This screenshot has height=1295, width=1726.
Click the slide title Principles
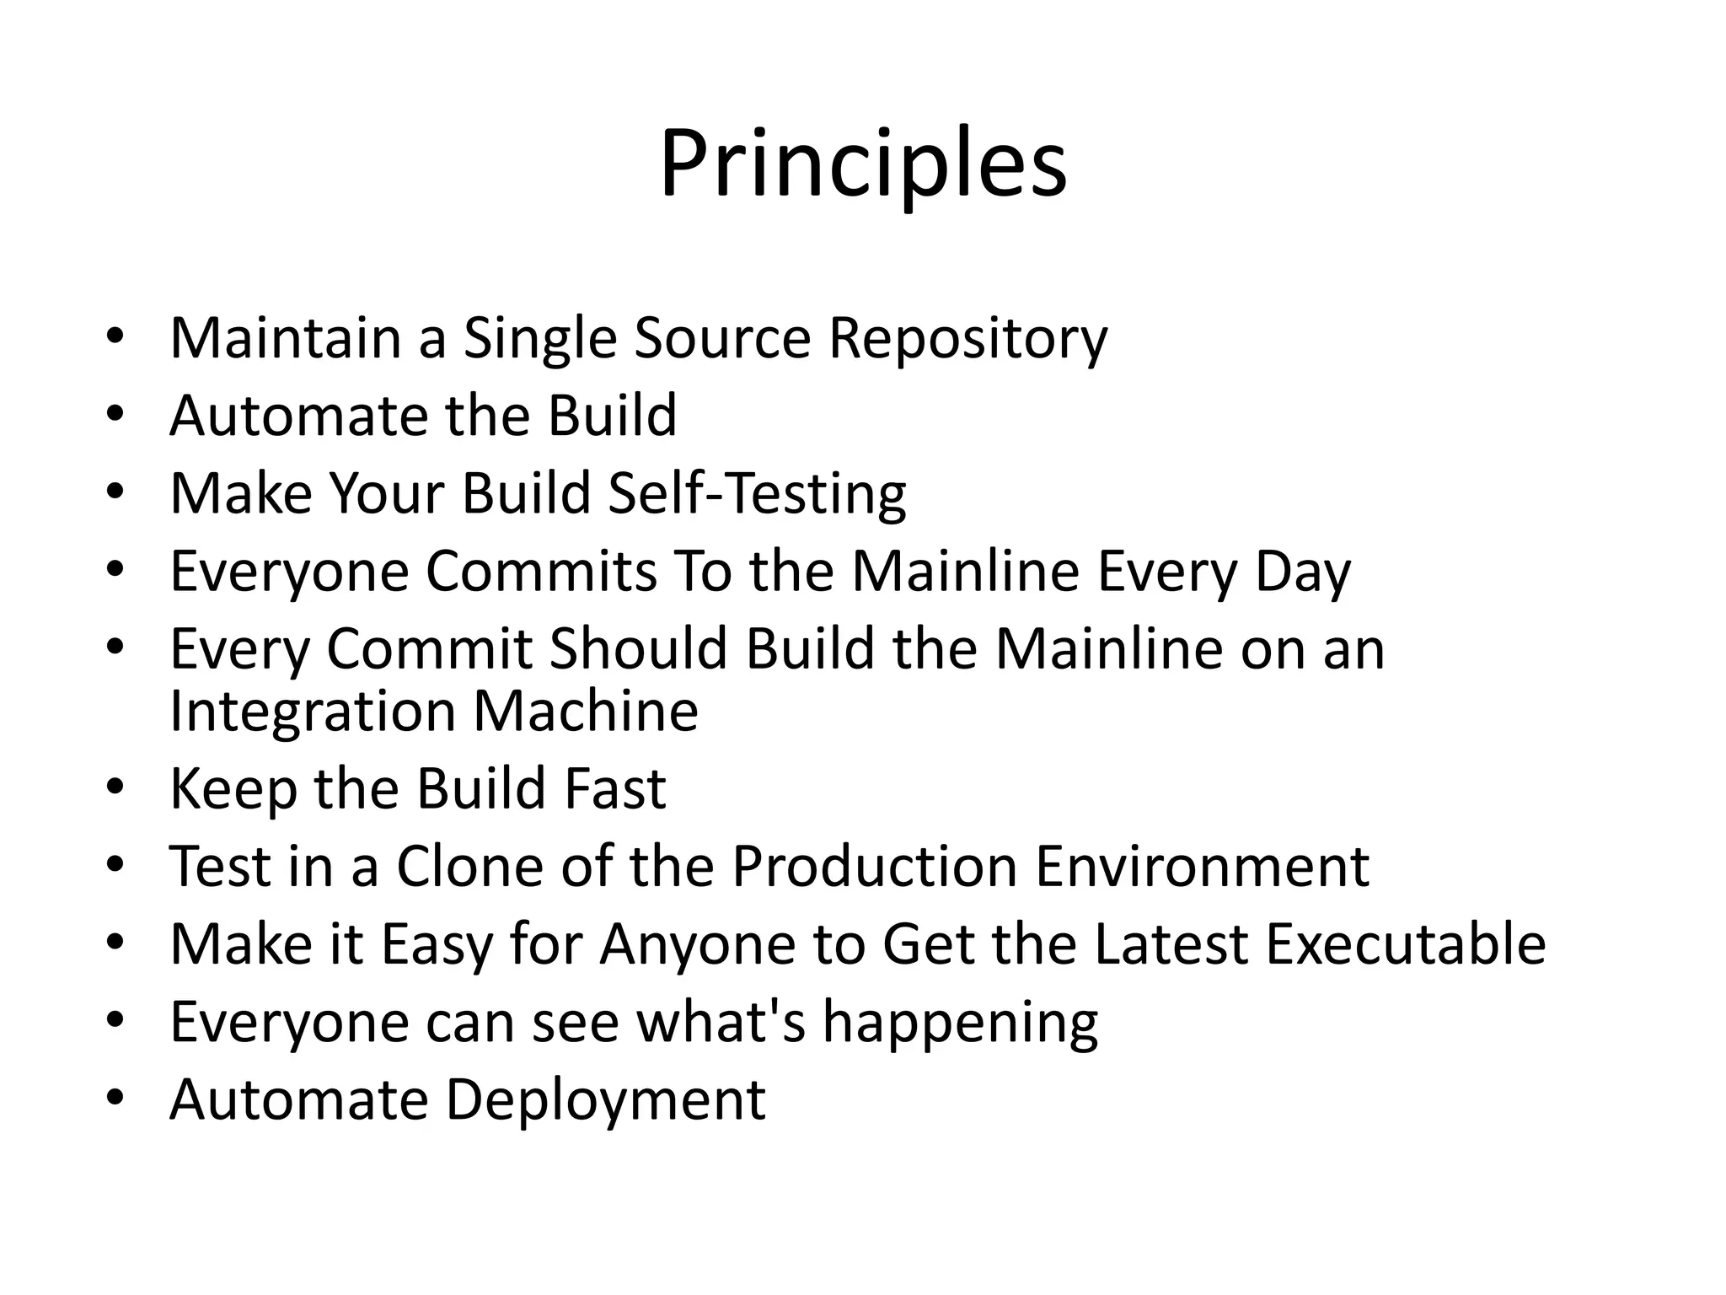pos(863,164)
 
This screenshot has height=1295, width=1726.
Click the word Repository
pos(968,338)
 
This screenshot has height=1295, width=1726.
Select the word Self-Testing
pos(756,493)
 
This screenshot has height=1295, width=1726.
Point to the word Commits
pos(540,572)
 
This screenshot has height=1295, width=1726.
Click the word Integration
pos(312,712)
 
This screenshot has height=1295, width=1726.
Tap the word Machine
pos(585,712)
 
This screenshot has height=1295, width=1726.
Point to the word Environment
pos(1202,867)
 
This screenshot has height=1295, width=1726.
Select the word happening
pos(960,1022)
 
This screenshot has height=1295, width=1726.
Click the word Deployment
pos(605,1099)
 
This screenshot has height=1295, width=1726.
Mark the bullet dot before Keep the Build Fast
pos(115,787)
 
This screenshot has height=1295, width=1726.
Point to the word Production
pos(874,867)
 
